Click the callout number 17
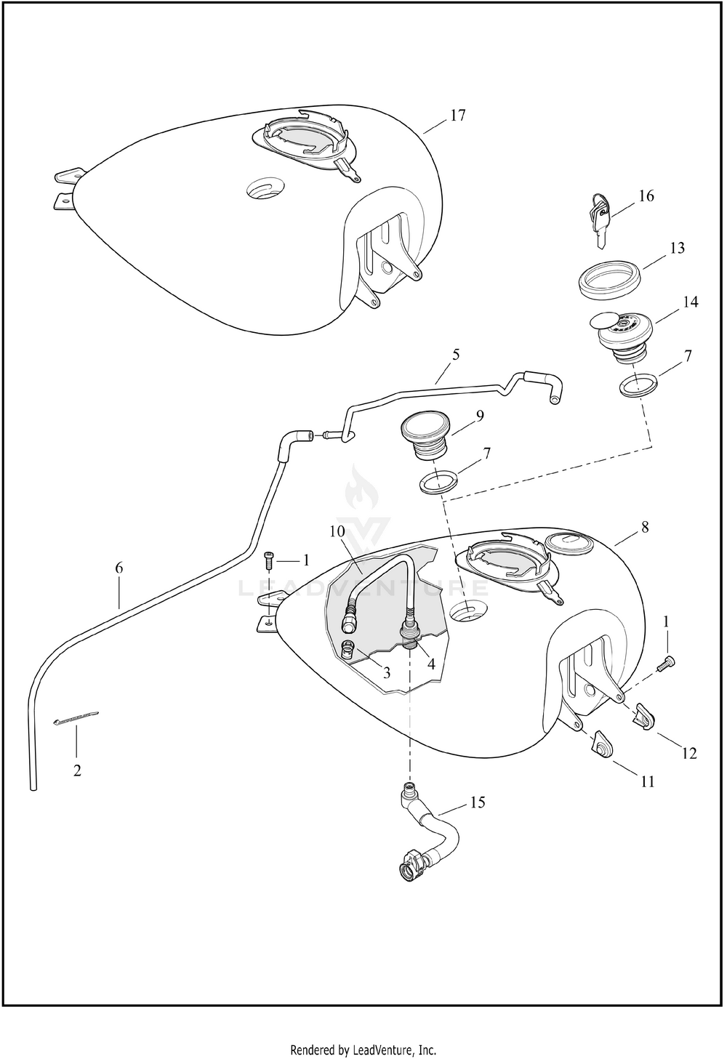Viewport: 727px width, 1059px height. (x=458, y=115)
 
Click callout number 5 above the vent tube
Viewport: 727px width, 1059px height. (x=456, y=355)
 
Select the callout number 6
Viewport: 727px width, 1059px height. (x=119, y=568)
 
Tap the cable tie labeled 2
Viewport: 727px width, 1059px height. (x=75, y=721)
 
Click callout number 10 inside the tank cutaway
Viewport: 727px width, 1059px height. (x=339, y=531)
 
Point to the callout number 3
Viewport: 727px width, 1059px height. (x=387, y=673)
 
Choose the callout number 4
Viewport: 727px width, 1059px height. (x=430, y=664)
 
